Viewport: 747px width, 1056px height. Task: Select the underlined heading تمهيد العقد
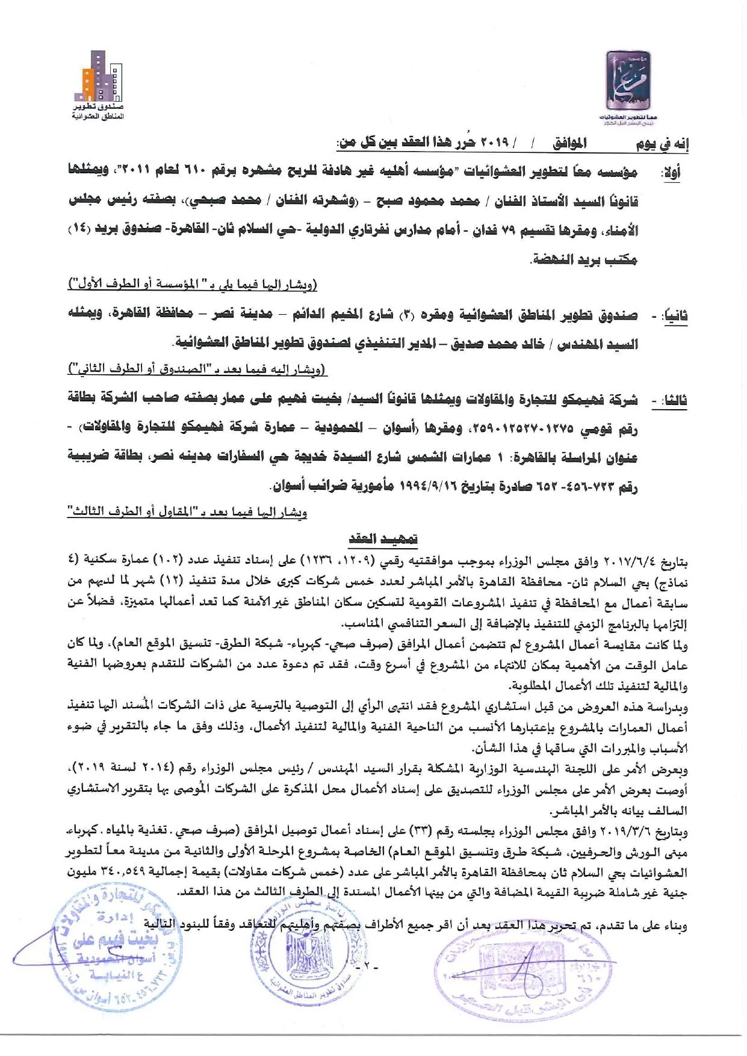[383, 538]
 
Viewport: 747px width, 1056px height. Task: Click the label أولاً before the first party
[671, 173]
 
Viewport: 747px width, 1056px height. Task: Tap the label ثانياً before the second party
[675, 316]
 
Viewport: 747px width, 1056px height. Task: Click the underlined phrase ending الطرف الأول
[193, 283]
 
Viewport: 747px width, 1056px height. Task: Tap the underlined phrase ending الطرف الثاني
[197, 368]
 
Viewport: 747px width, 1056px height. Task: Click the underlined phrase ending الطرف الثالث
[187, 512]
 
